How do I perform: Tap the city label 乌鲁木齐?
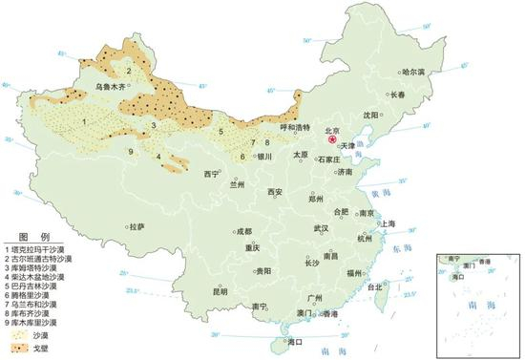click(x=111, y=87)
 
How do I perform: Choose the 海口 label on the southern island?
click(x=292, y=340)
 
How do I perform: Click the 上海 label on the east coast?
click(x=388, y=223)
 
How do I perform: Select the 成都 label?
click(x=243, y=231)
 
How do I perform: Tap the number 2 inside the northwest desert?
click(x=128, y=71)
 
